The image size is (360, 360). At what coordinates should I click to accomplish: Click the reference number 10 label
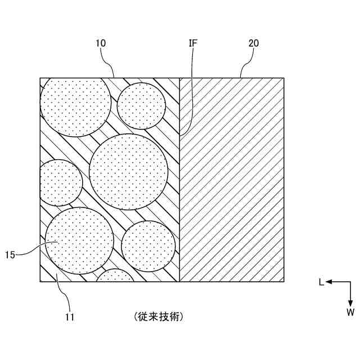101,43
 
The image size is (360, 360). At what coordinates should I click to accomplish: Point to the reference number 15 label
10,255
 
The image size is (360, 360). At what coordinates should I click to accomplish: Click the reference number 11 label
70,317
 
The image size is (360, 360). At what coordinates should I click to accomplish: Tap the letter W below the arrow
350,311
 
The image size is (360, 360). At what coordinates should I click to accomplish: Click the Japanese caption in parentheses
159,317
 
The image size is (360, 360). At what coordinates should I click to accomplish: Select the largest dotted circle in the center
129,172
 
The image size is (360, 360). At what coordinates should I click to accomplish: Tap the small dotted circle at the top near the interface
141,106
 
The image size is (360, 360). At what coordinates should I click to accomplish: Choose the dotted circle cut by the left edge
60,183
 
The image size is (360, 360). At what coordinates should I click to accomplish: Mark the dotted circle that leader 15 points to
79,241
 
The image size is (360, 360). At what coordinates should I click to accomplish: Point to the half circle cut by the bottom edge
115,276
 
